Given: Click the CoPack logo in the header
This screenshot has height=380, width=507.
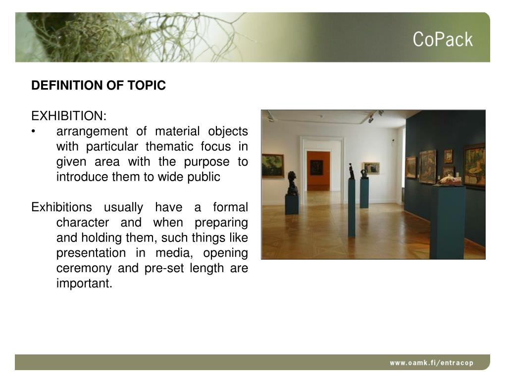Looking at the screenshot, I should click(x=443, y=40).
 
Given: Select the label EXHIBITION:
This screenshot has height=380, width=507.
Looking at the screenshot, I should click(x=69, y=116).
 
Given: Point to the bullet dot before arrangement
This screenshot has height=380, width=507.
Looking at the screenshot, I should click(x=33, y=132).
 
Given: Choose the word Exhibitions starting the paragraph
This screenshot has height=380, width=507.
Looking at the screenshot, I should click(x=61, y=207).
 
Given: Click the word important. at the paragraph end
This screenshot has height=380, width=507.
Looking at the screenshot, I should click(x=84, y=284).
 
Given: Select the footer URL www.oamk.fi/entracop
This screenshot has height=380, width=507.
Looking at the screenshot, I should click(x=431, y=363).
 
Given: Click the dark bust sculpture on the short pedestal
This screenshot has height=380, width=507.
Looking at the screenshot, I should click(x=292, y=183).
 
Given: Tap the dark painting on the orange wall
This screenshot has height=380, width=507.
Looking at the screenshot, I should click(x=316, y=167).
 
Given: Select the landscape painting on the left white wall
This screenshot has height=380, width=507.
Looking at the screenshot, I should click(x=273, y=165).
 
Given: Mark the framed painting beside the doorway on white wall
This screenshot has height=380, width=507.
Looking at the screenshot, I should click(x=371, y=168).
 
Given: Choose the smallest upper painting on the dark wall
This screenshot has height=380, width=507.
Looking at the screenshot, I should click(x=448, y=156).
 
